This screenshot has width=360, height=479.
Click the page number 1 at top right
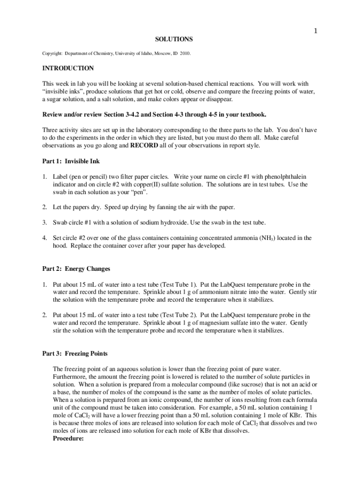(x=316, y=31)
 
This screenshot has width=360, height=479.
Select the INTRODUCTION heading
(x=68, y=68)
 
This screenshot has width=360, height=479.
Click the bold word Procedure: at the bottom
(x=68, y=438)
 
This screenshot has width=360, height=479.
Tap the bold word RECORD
(x=144, y=145)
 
